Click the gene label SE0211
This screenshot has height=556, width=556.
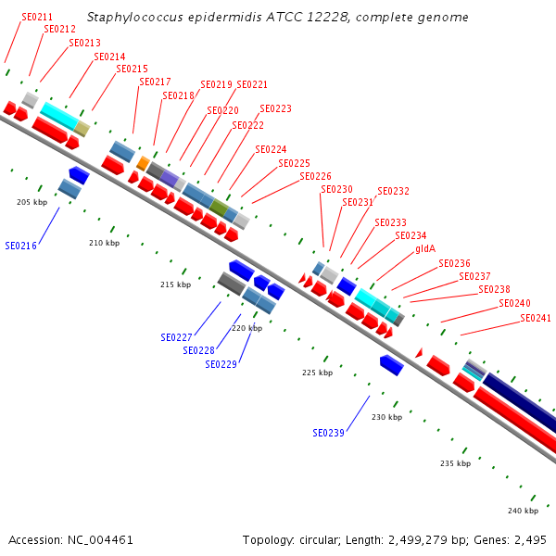[x=37, y=17]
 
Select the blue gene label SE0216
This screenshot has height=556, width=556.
[x=20, y=246]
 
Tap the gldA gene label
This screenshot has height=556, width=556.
[x=425, y=248]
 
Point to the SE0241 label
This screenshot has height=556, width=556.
[x=536, y=318]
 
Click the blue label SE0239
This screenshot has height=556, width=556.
[x=328, y=433]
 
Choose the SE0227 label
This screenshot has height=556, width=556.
[x=176, y=337]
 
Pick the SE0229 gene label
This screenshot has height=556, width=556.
[x=221, y=364]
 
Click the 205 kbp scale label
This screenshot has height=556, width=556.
[x=31, y=201]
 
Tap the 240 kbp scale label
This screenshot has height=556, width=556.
[x=523, y=511]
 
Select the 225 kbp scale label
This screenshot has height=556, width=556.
[x=317, y=373]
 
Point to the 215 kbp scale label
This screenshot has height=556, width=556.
[x=175, y=284]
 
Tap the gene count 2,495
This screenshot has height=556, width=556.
[x=531, y=539]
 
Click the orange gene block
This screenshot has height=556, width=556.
[x=143, y=163]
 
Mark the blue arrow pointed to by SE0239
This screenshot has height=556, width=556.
[x=391, y=365]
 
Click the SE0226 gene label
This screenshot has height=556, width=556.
[x=315, y=176]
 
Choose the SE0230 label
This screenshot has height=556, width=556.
[x=336, y=189]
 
